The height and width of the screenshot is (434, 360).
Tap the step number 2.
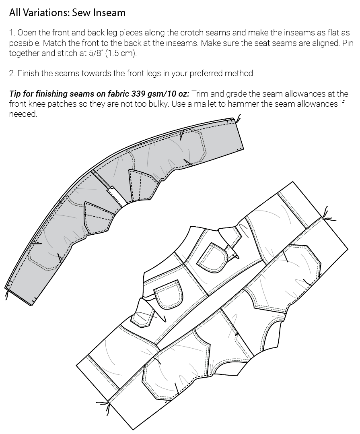pyautogui.click(x=11, y=73)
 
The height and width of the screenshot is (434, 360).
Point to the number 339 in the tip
pyautogui.click(x=134, y=94)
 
